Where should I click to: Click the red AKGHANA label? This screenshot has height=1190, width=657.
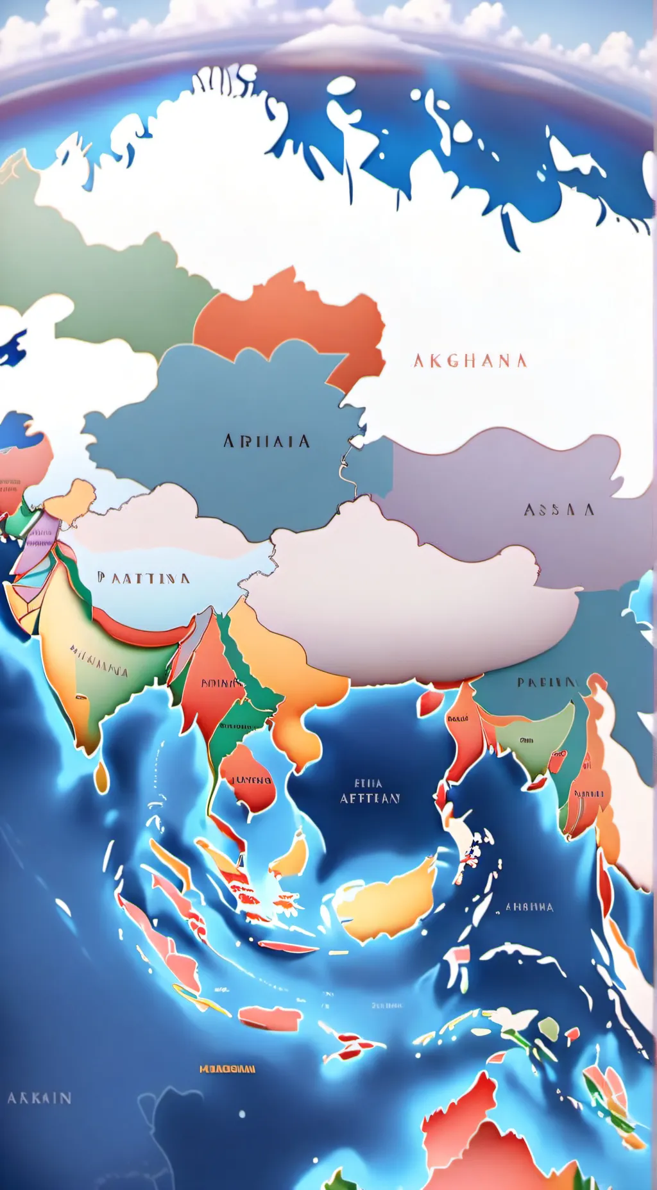click(470, 361)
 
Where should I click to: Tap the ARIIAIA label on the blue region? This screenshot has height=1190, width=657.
click(267, 441)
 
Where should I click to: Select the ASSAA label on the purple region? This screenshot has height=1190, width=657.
click(559, 510)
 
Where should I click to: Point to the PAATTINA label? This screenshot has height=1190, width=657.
click(144, 578)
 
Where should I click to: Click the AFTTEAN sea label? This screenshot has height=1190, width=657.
click(370, 798)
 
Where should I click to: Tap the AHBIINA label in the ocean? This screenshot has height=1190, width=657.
click(529, 907)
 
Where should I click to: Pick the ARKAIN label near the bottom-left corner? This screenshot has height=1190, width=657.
click(39, 1098)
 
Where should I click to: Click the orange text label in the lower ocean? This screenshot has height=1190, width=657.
click(227, 1069)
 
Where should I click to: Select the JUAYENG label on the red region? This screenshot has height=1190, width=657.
click(251, 780)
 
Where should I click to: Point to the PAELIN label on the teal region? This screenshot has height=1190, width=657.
click(547, 682)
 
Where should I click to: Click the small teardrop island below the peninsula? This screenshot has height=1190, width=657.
click(101, 776)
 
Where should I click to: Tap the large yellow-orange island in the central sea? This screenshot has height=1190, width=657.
click(385, 898)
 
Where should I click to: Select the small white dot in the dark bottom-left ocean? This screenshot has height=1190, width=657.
click(242, 1114)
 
